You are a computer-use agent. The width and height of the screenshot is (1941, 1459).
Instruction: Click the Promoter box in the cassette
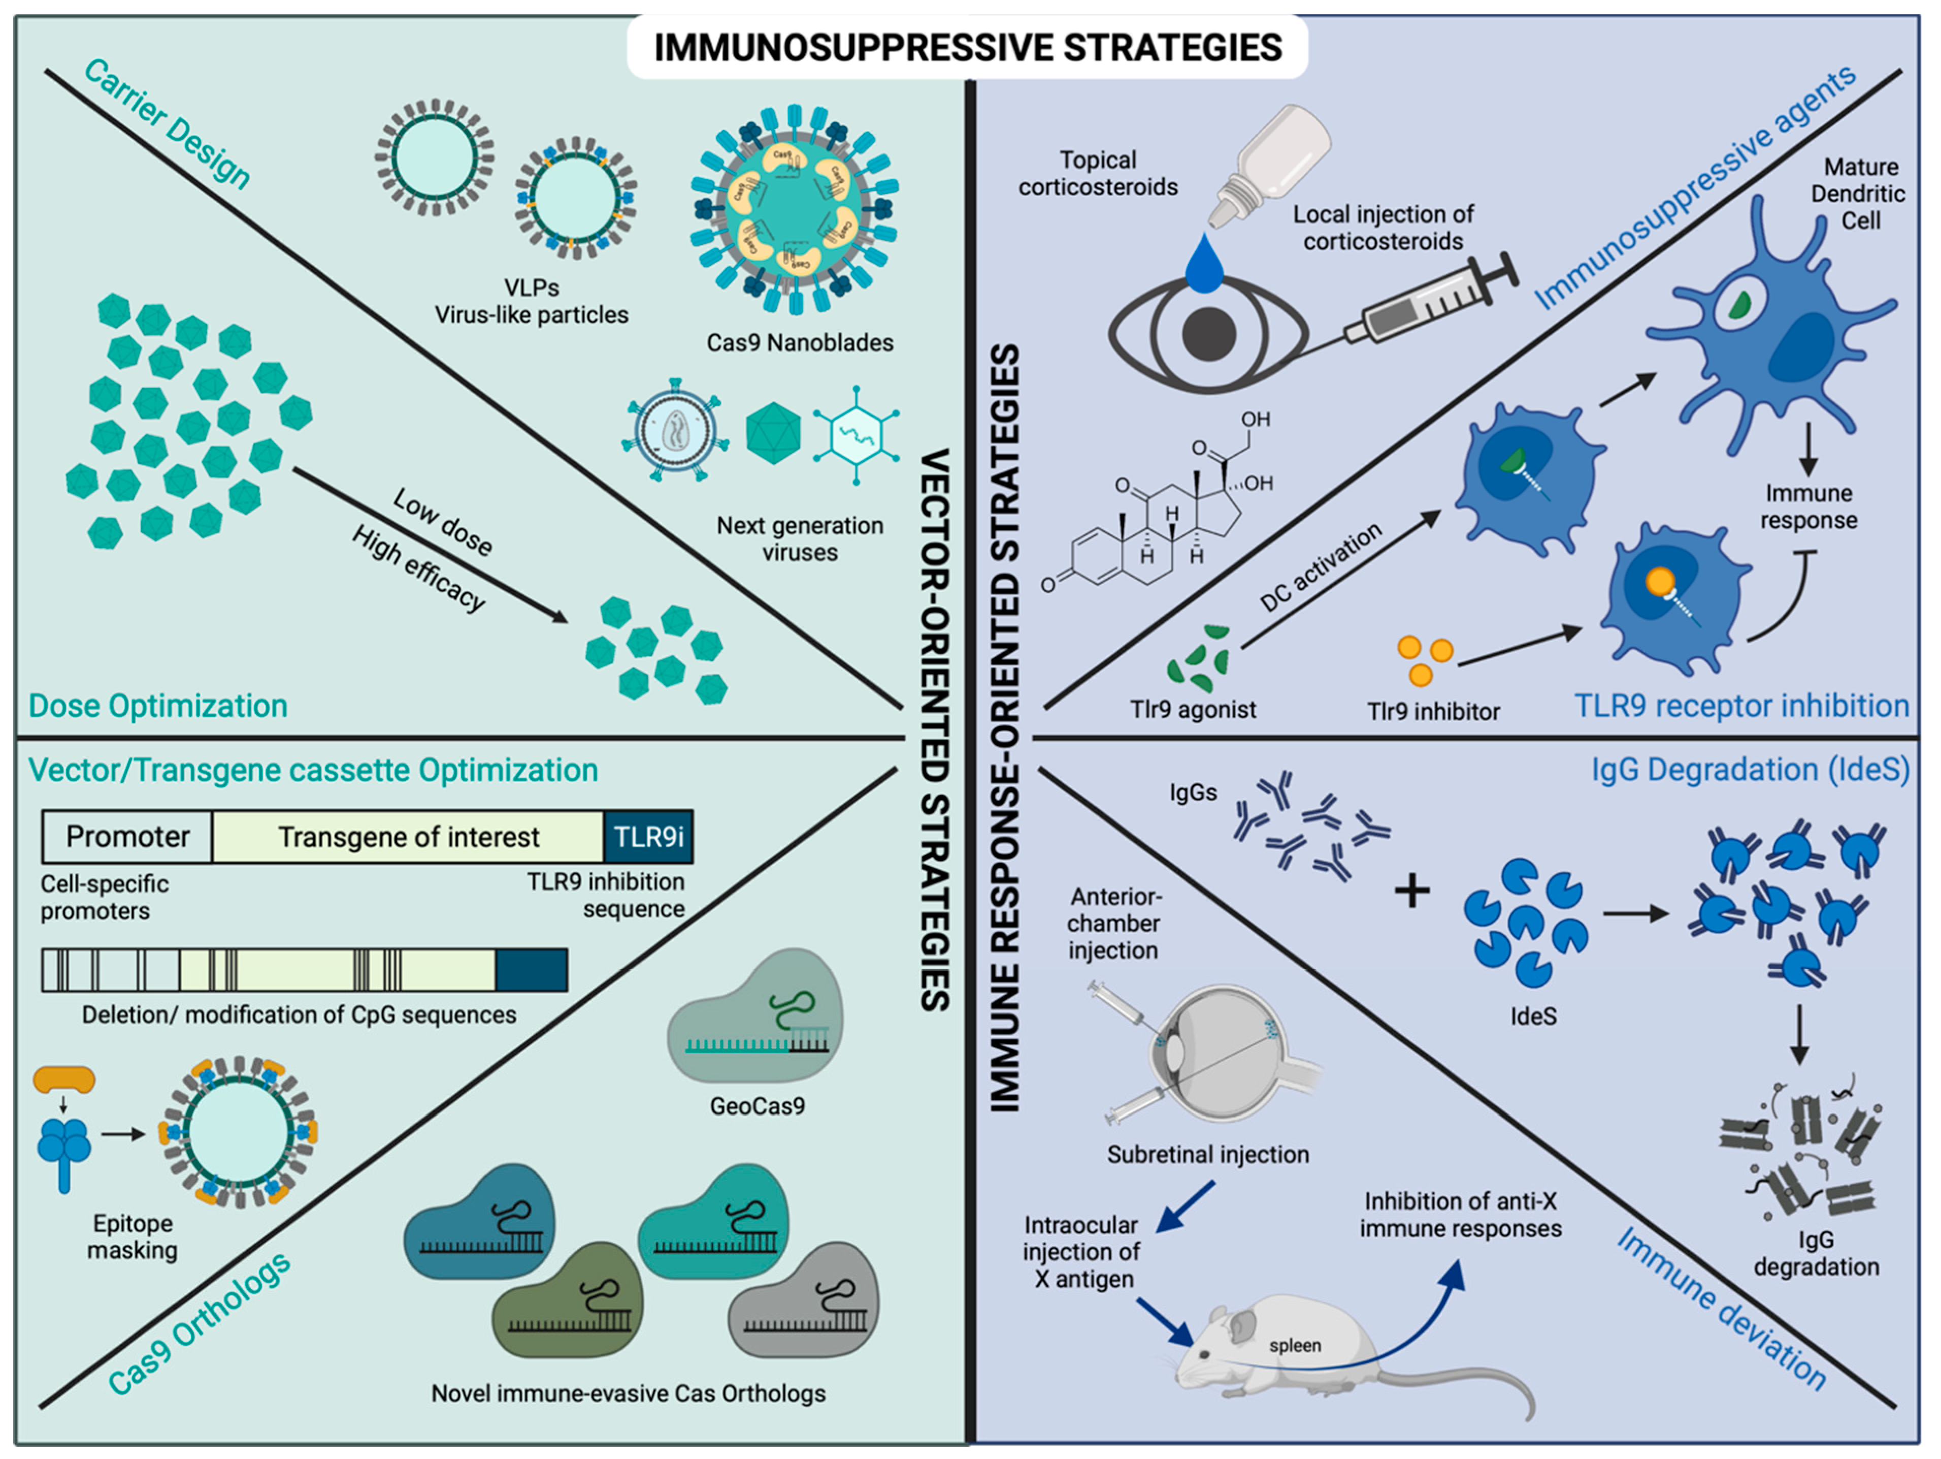[x=127, y=837]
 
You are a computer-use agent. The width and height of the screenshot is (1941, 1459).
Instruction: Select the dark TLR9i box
[x=648, y=837]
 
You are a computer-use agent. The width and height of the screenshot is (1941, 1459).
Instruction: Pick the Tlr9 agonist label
[x=1193, y=709]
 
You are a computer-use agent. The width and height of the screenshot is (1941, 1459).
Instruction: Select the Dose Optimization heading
[x=158, y=706]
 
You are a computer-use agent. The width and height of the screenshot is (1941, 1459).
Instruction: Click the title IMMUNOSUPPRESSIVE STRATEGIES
[x=968, y=47]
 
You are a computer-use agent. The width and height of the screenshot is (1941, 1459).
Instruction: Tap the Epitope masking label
[x=133, y=1236]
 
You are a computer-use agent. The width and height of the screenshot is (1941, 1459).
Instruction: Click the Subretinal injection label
[x=1207, y=1154]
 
